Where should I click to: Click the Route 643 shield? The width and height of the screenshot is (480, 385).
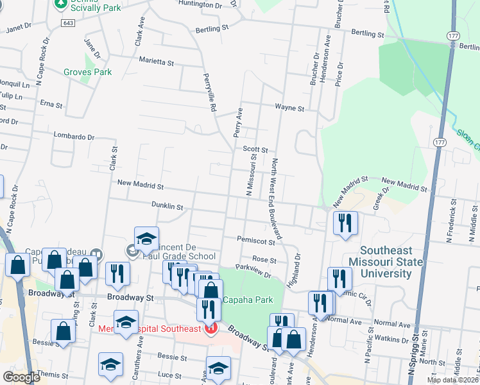pyautogui.click(x=67, y=22)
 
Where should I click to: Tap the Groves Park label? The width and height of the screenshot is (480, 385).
pyautogui.click(x=87, y=72)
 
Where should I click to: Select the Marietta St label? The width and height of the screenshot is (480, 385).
pyautogui.click(x=157, y=62)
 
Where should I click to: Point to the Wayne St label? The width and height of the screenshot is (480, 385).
pyautogui.click(x=289, y=108)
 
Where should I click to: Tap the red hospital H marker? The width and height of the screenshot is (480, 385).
pyautogui.click(x=210, y=329)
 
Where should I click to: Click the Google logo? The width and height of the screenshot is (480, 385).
pyautogui.click(x=21, y=378)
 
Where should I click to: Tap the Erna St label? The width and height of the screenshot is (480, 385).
pyautogui.click(x=51, y=105)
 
